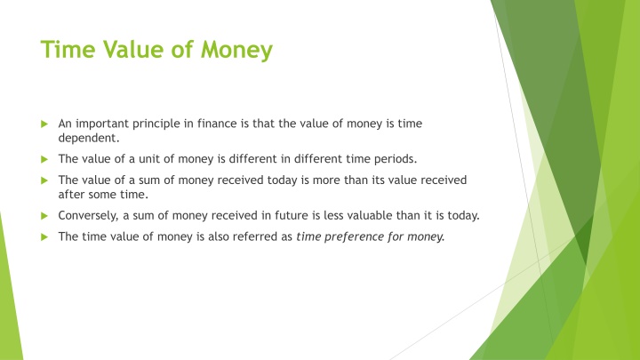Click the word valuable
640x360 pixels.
(379, 214)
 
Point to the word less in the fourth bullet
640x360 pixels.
(342, 214)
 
